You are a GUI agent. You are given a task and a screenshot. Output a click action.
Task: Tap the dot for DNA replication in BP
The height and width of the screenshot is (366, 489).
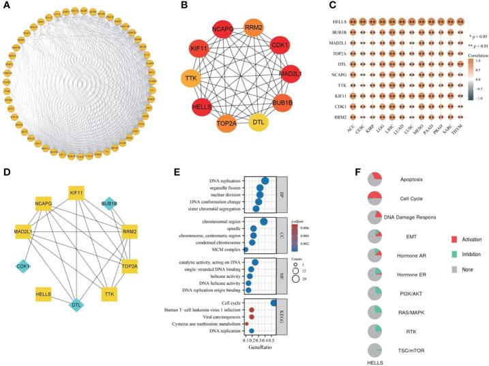(265, 180)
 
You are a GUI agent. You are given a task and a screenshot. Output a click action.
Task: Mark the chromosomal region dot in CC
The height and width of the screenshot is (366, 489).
(263, 222)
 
